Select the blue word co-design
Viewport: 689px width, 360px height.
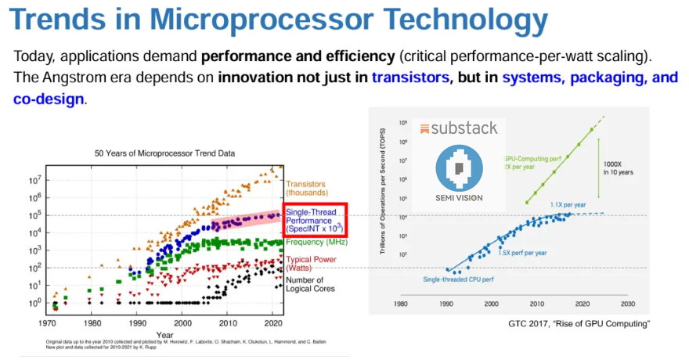(x=49, y=99)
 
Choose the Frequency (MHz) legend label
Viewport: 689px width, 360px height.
(x=317, y=243)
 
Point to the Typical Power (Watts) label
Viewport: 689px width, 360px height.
(x=312, y=264)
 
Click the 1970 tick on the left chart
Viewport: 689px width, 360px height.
(x=49, y=322)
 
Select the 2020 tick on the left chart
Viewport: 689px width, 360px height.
(x=272, y=322)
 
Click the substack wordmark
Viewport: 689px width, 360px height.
(x=460, y=128)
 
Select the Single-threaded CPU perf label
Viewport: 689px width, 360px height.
(x=458, y=279)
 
